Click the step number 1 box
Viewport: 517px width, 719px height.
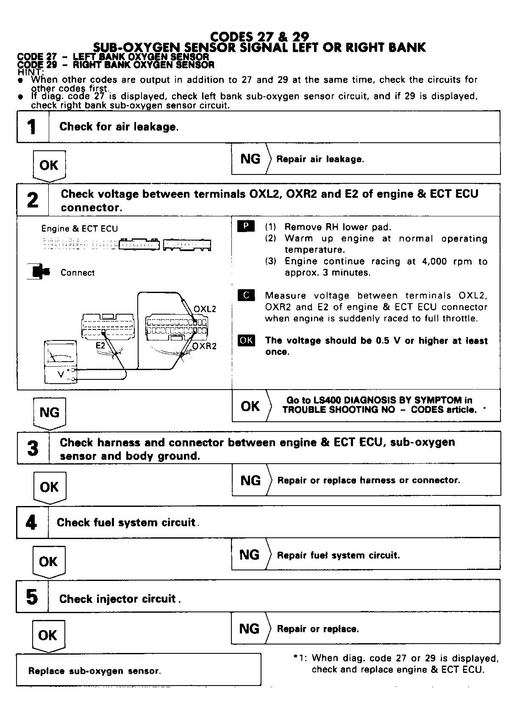tap(33, 127)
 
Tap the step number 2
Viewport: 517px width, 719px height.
tap(33, 200)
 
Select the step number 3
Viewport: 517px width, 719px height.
tap(33, 448)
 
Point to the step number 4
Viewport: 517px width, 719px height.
tap(32, 522)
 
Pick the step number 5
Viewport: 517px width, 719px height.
tap(32, 597)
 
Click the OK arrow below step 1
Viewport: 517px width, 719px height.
tap(49, 166)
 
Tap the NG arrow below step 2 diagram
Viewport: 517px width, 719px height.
tap(49, 412)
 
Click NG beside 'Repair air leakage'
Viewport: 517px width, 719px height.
tap(250, 159)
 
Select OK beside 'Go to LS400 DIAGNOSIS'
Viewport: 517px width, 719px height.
tap(250, 406)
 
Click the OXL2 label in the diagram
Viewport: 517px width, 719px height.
tap(205, 309)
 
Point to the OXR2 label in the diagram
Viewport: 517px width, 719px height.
tap(204, 346)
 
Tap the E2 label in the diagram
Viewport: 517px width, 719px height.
tap(100, 346)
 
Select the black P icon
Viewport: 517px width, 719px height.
tap(246, 227)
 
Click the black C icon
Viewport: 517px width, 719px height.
tap(246, 295)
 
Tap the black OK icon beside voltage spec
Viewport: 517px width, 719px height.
tap(246, 340)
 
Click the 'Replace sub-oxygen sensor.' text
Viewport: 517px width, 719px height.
tap(95, 671)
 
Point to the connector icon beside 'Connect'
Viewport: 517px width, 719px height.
tap(39, 271)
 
